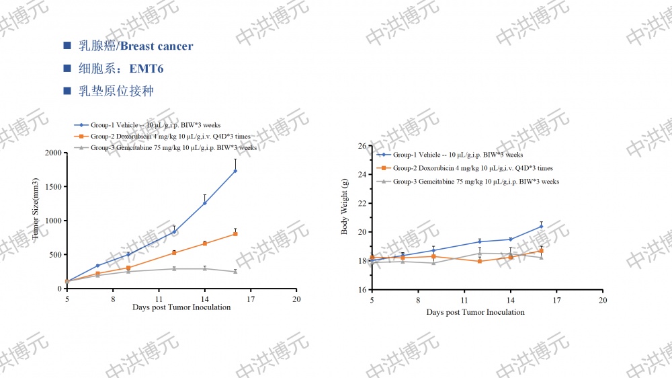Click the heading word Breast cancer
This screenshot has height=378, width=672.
[x=157, y=46]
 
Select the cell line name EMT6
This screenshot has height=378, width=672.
[x=146, y=69]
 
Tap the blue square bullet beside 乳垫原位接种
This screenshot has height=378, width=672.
[x=67, y=91]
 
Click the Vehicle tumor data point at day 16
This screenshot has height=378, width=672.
[x=235, y=171]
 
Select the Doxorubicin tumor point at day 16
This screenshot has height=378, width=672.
[x=235, y=233]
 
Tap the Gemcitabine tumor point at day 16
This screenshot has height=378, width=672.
[x=235, y=272]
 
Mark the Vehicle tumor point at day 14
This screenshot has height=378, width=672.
[x=204, y=203]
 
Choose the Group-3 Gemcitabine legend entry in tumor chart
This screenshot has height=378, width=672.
[x=173, y=147]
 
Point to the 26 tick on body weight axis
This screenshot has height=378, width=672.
[x=361, y=146]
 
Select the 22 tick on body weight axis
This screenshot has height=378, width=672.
[x=361, y=204]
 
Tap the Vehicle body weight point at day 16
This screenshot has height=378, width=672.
[x=541, y=227]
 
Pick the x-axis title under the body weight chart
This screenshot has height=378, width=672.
[x=475, y=312]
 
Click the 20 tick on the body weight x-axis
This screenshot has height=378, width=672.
[x=602, y=300]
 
